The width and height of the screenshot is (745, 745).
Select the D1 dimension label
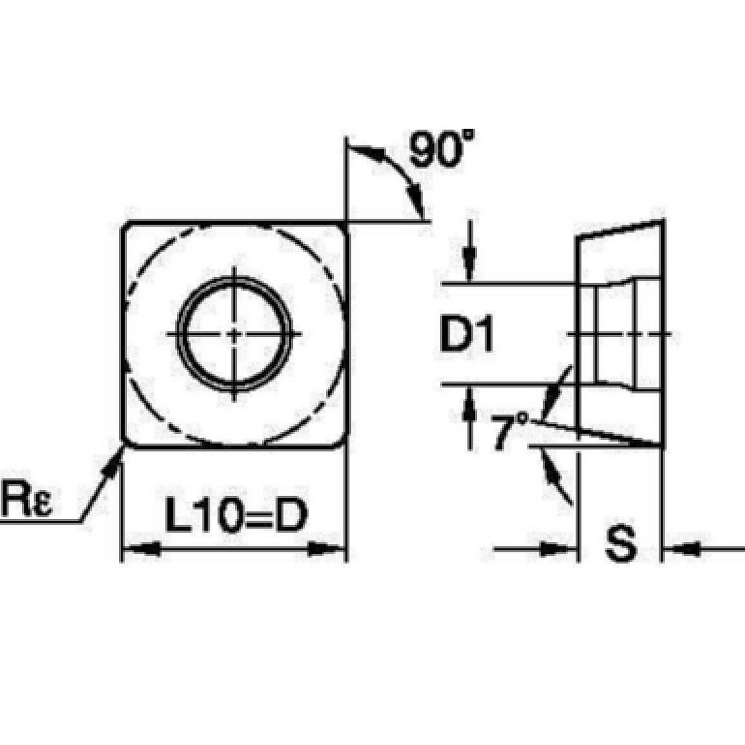pyautogui.click(x=467, y=336)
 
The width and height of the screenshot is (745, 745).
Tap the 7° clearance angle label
pyautogui.click(x=510, y=431)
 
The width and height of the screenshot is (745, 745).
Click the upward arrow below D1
pyautogui.click(x=469, y=407)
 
